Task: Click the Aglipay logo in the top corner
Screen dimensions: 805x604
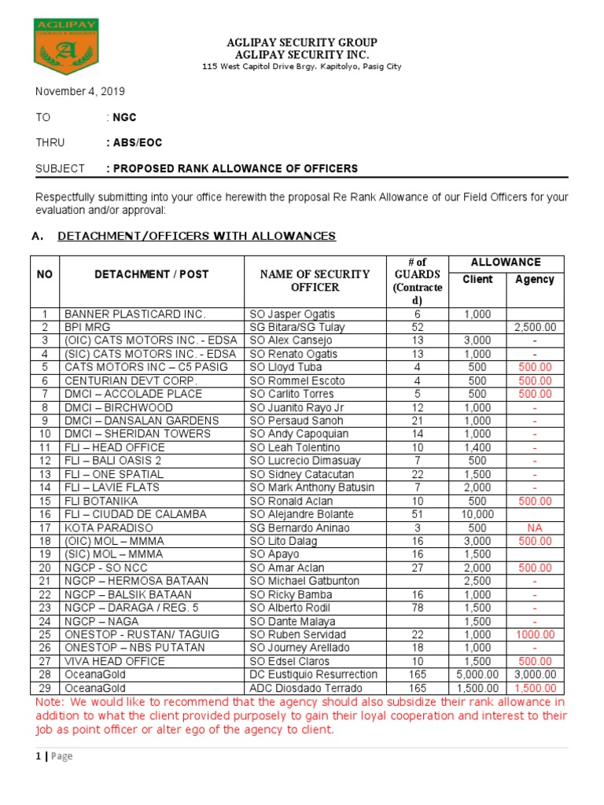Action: pyautogui.click(x=66, y=53)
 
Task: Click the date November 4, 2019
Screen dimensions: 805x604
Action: pyautogui.click(x=79, y=92)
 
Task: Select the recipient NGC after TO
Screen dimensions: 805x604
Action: pyautogui.click(x=124, y=117)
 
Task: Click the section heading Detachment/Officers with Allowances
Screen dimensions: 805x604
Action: pyautogui.click(x=197, y=236)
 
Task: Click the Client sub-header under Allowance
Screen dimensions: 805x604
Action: pyautogui.click(x=477, y=280)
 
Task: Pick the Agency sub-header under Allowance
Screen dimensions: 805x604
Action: pyautogui.click(x=535, y=280)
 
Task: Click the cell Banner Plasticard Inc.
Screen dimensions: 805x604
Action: pyautogui.click(x=134, y=314)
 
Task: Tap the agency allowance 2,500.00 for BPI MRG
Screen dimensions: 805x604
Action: pyautogui.click(x=535, y=327)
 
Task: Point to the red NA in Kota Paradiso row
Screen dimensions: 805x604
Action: pyautogui.click(x=535, y=527)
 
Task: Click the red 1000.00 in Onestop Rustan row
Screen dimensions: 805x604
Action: pyautogui.click(x=535, y=634)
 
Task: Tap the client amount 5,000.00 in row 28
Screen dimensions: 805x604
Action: pyautogui.click(x=477, y=675)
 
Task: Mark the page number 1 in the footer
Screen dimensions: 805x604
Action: pyautogui.click(x=38, y=756)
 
